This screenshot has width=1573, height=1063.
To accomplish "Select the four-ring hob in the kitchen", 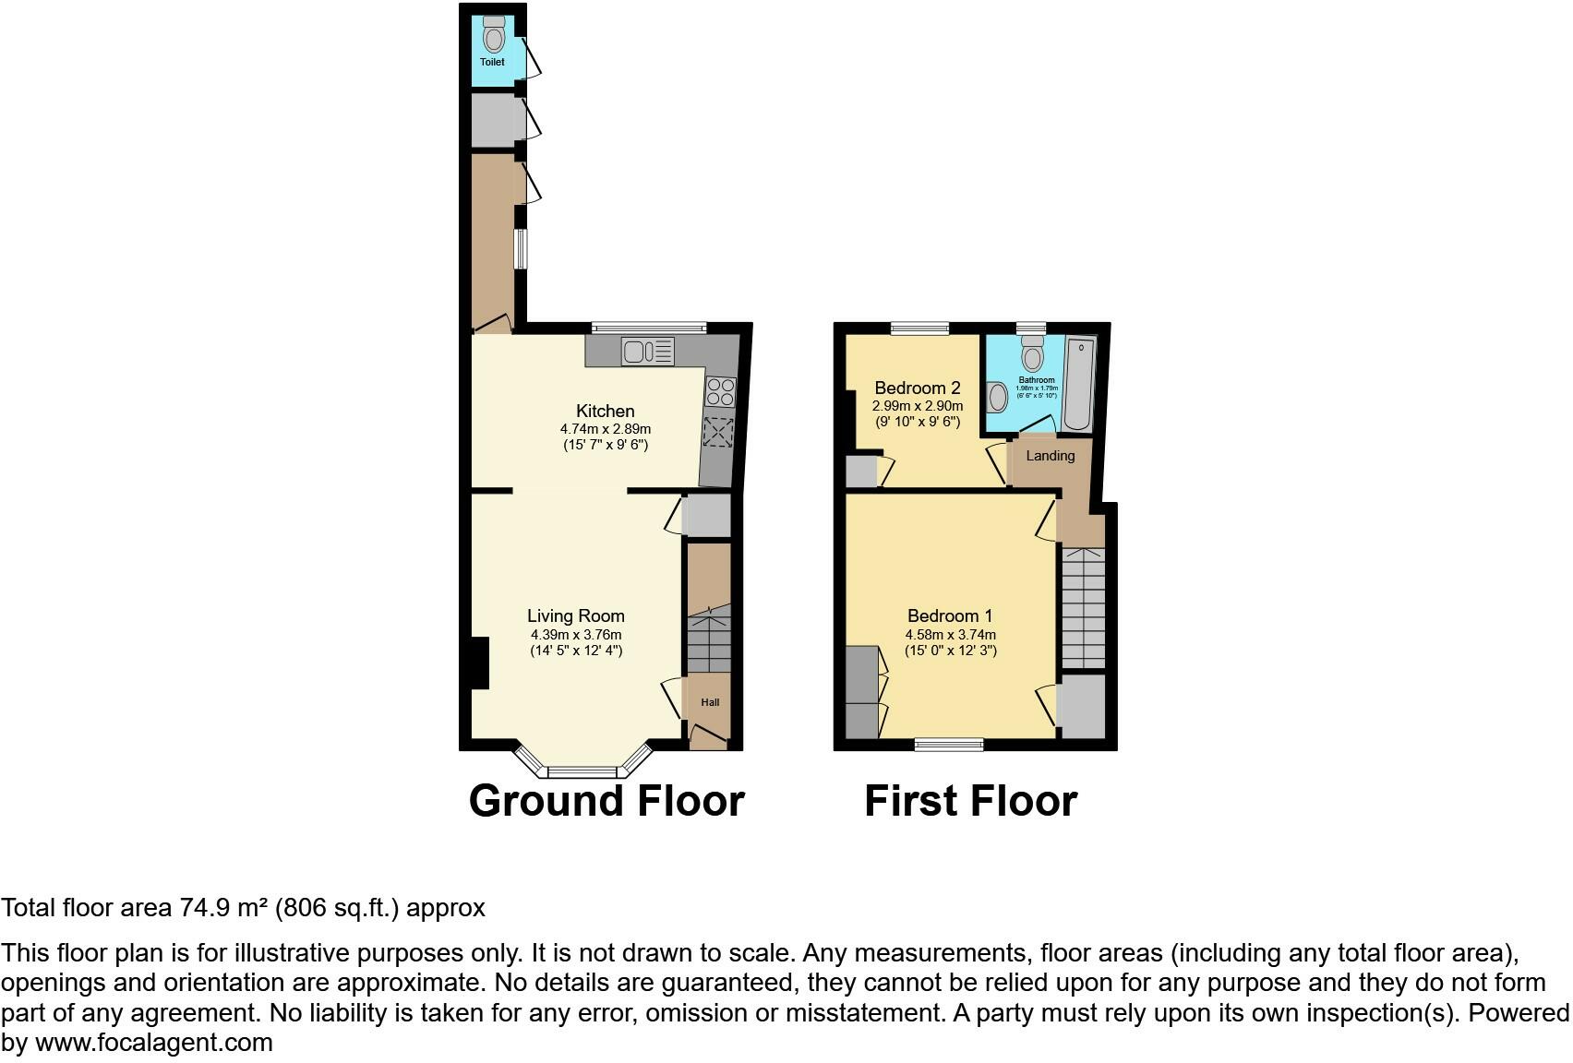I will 721,392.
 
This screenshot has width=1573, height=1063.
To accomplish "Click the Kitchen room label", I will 605,411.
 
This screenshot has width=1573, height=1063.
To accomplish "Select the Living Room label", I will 575,615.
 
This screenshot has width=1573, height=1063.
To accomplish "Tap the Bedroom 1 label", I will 950,615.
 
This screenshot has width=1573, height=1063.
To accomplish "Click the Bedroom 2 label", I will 918,388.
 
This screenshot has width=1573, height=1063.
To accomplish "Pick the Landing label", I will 1051,456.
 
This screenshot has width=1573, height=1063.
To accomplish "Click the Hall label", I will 710,702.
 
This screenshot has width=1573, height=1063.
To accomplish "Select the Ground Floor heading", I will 606,801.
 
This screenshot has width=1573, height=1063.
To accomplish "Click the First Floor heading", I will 970,801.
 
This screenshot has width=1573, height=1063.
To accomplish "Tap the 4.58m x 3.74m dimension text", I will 950,635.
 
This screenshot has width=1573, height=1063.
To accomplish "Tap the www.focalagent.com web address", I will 154,1043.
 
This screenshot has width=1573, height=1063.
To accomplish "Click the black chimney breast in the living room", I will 479,663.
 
